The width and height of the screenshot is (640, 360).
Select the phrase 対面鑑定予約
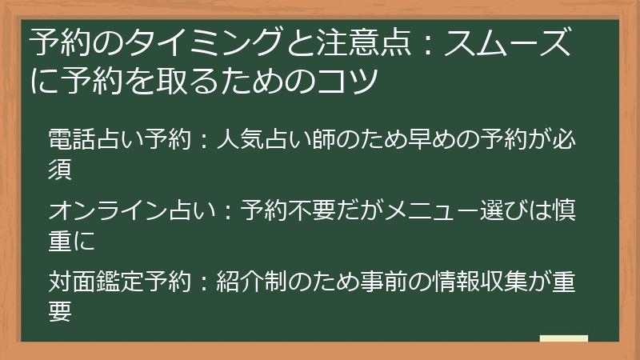[x=120, y=282]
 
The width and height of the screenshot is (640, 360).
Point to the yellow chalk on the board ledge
[x=563, y=339]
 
